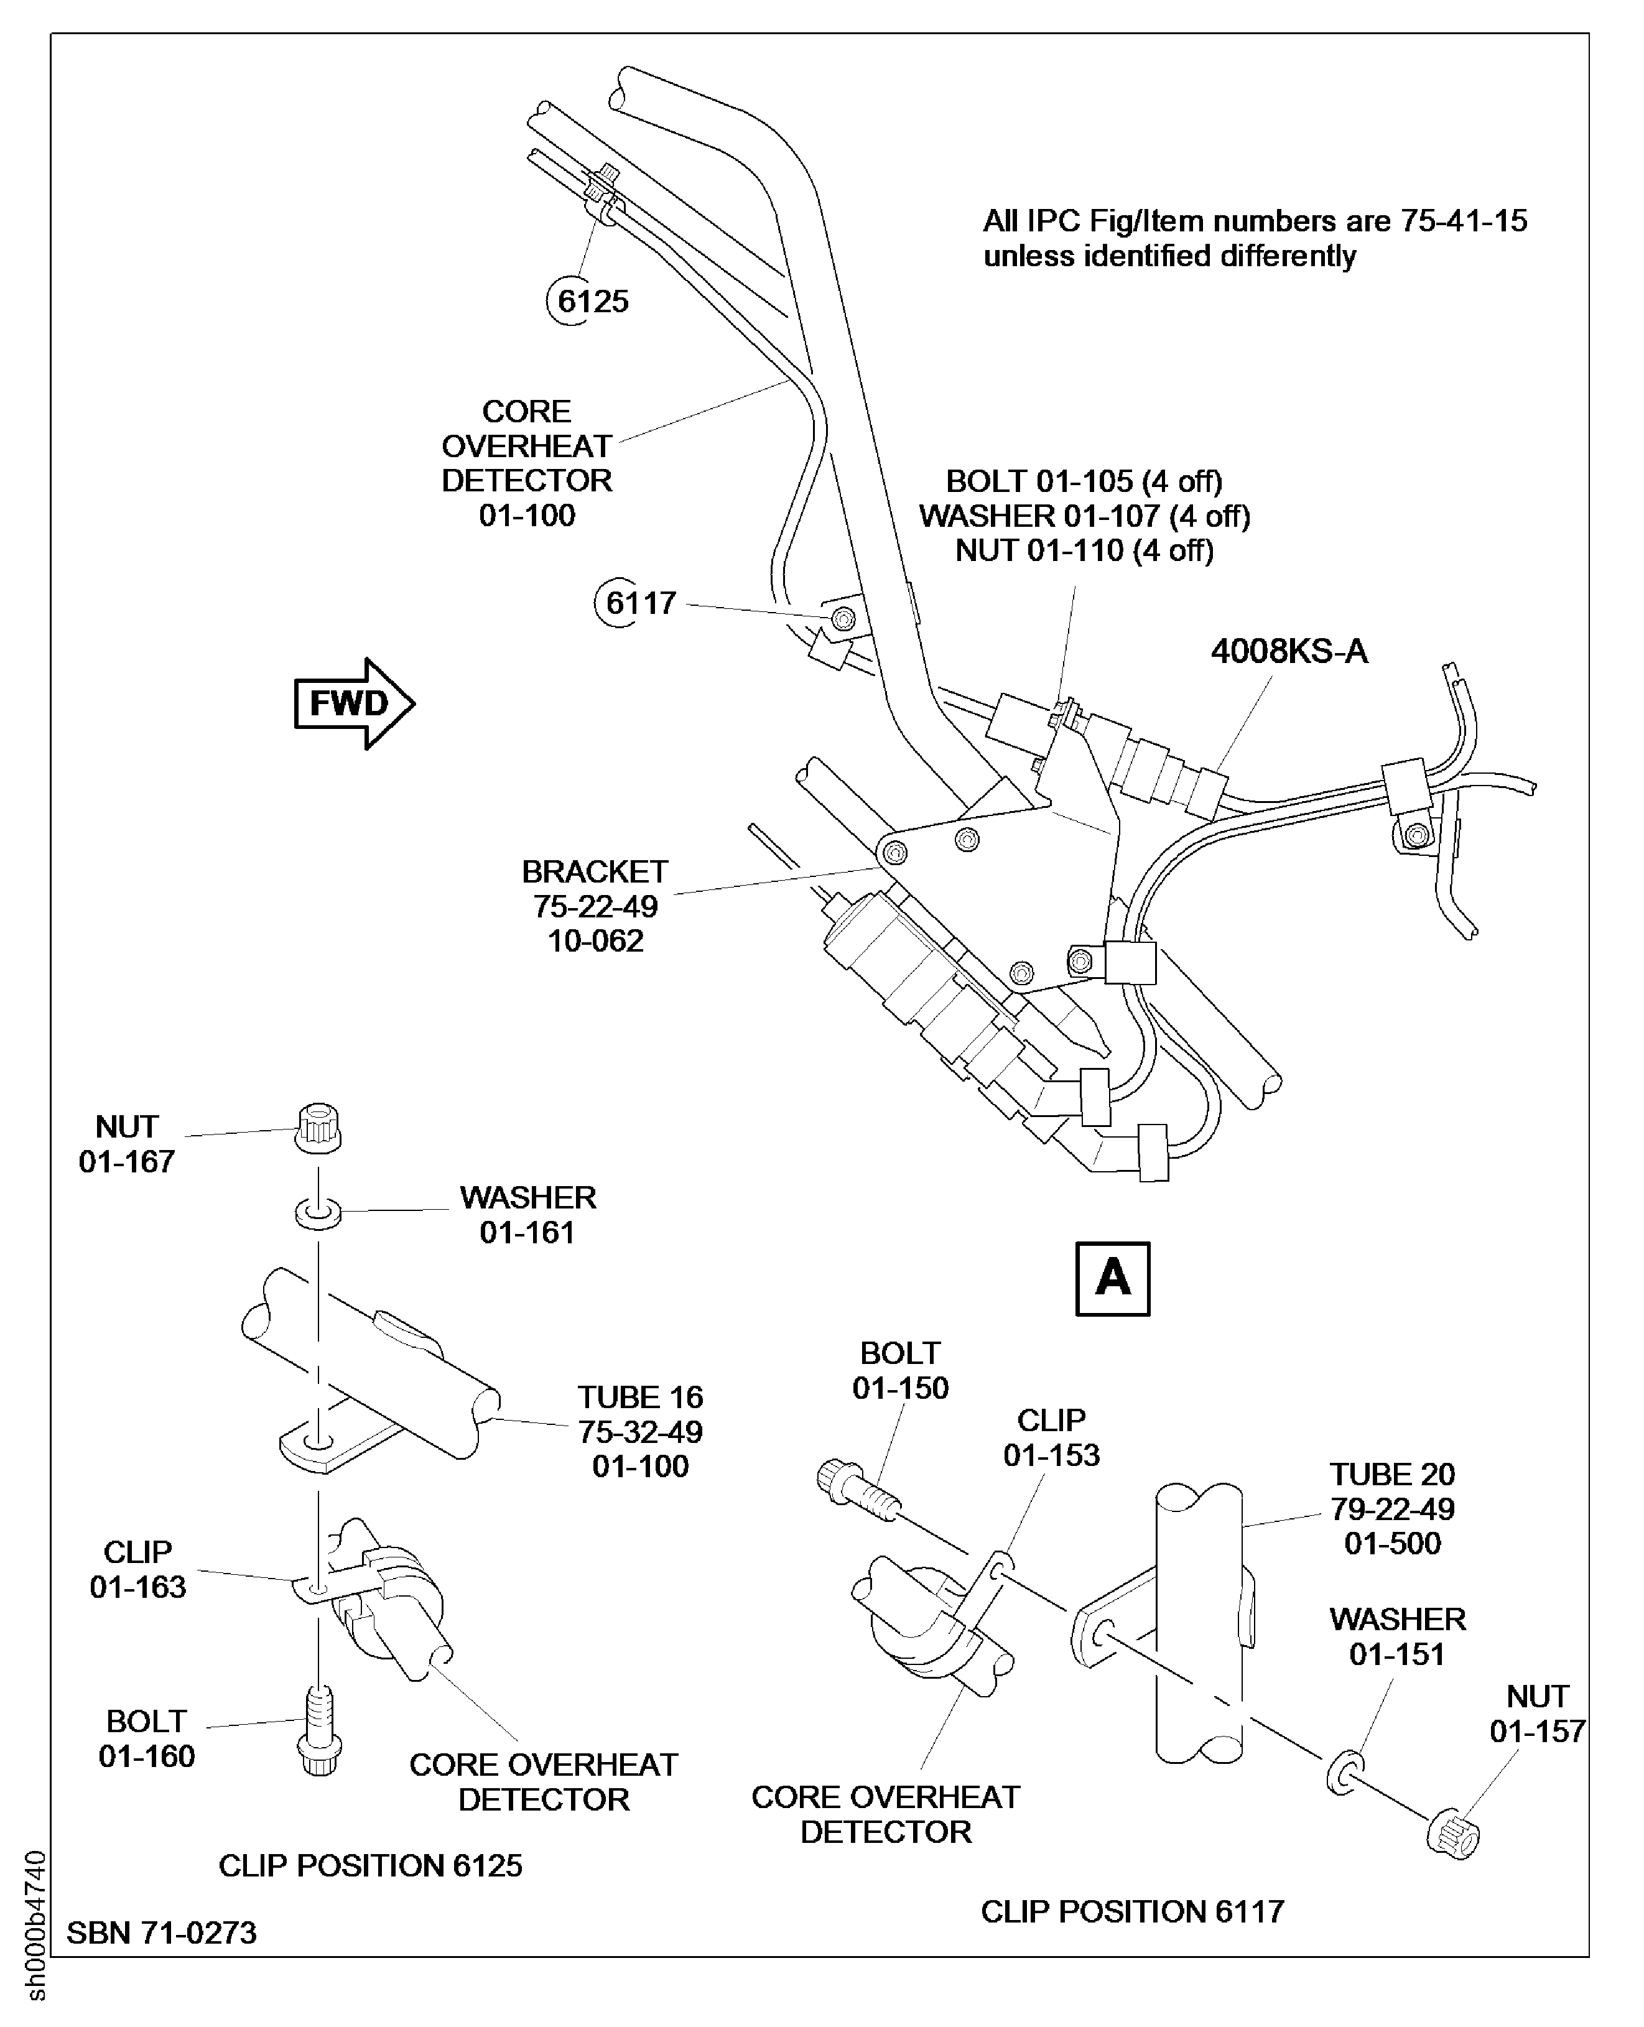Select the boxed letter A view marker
click(1113, 1278)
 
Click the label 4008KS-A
click(1289, 651)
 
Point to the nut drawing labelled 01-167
click(319, 1126)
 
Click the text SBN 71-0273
click(161, 1932)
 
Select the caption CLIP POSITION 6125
click(370, 1865)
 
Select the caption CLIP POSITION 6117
click(1131, 1911)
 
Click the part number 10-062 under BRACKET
click(596, 941)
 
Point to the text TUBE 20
click(1391, 1474)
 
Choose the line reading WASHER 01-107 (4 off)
click(1084, 516)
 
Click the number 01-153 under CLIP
click(1051, 1454)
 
